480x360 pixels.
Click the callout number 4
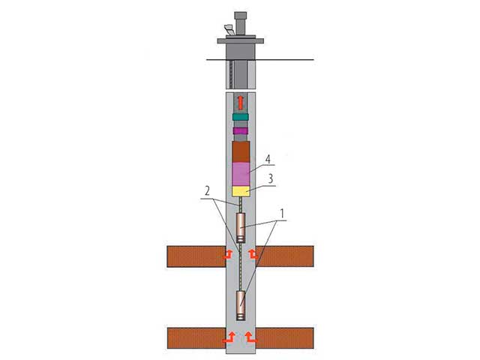(x=268, y=160)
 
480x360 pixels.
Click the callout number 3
(x=270, y=179)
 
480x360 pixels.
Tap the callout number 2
(x=207, y=191)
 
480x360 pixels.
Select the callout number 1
(x=282, y=213)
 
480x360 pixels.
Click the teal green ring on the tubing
(x=240, y=117)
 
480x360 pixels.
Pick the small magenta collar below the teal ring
(x=240, y=131)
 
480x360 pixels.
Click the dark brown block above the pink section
(x=241, y=151)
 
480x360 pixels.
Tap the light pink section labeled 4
(x=241, y=174)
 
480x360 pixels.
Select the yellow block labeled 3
(x=241, y=191)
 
